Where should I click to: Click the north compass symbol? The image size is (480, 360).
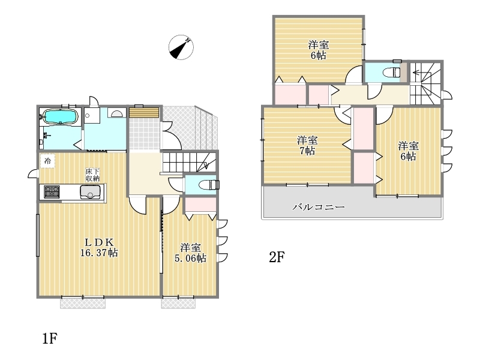pyautogui.click(x=181, y=47)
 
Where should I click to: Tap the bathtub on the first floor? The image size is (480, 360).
pyautogui.click(x=60, y=116)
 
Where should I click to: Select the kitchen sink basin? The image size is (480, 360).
pyautogui.click(x=90, y=192)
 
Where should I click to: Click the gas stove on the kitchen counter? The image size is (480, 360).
pyautogui.click(x=52, y=192)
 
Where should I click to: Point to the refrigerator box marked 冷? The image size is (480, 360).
pyautogui.click(x=47, y=161)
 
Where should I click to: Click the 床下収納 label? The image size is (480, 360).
pyautogui.click(x=92, y=175)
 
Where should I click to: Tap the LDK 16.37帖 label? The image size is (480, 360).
pyautogui.click(x=99, y=248)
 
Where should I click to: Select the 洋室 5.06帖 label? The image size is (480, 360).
pyautogui.click(x=190, y=253)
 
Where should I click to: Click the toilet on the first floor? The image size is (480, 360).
pyautogui.click(x=209, y=185)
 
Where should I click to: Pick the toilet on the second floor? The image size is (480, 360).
pyautogui.click(x=392, y=73)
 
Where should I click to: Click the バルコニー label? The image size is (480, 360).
pyautogui.click(x=319, y=207)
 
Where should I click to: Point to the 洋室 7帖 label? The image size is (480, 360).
pyautogui.click(x=307, y=146)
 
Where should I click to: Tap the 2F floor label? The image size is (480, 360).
pyautogui.click(x=277, y=257)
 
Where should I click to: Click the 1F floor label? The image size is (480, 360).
pyautogui.click(x=50, y=338)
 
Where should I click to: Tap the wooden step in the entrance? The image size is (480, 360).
pyautogui.click(x=144, y=112)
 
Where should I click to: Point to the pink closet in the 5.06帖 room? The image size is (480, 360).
pyautogui.click(x=200, y=205)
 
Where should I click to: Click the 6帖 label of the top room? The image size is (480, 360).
pyautogui.click(x=319, y=55)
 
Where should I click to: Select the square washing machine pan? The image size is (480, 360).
pyautogui.click(x=92, y=115)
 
